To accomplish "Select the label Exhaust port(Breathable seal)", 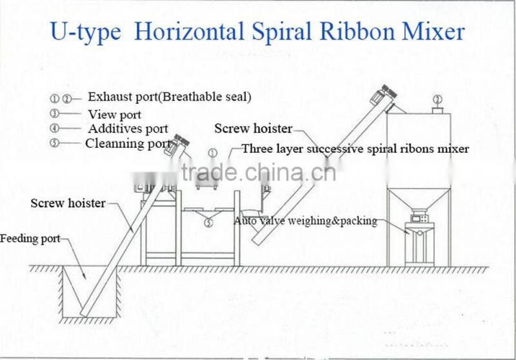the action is pyautogui.click(x=169, y=97).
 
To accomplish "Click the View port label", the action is pyautogui.click(x=114, y=114).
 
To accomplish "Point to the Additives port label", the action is pyautogui.click(x=128, y=128).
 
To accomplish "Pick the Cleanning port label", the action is pyautogui.click(x=128, y=143).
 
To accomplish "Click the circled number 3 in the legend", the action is pyautogui.click(x=55, y=114).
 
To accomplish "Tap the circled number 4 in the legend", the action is pyautogui.click(x=55, y=128).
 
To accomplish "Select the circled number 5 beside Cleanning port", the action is pyautogui.click(x=55, y=142).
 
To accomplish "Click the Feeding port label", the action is pyautogui.click(x=30, y=239).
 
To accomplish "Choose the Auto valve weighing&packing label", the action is pyautogui.click(x=305, y=221).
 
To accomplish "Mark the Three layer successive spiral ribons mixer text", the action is pyautogui.click(x=355, y=149).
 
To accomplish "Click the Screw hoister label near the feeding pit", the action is pyautogui.click(x=68, y=203).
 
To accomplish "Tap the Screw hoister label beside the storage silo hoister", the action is pyautogui.click(x=253, y=129).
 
